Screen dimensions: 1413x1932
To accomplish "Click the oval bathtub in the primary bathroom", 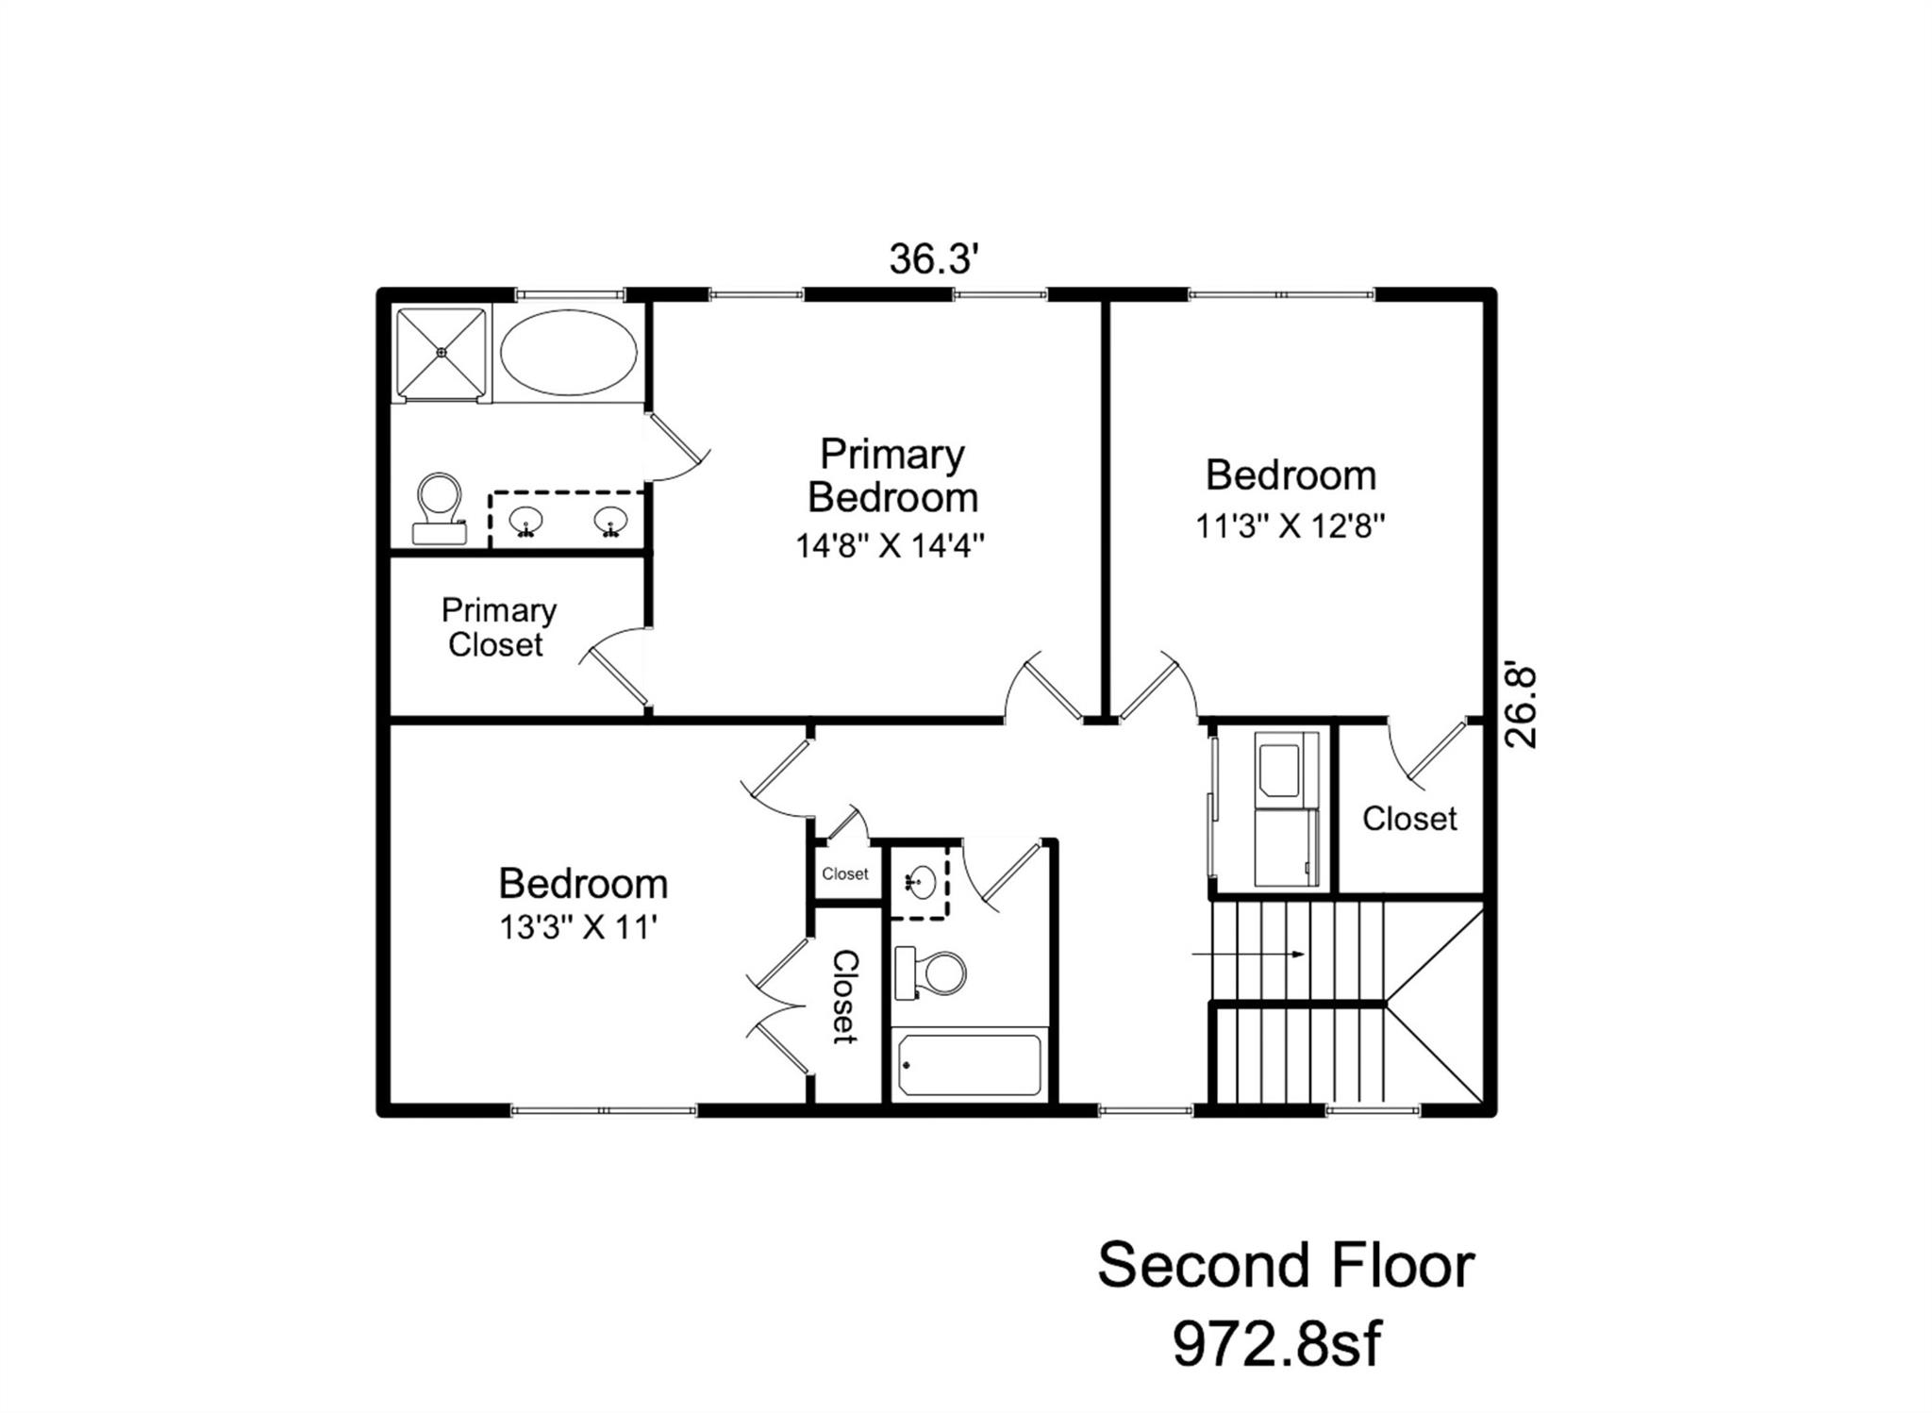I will point(568,353).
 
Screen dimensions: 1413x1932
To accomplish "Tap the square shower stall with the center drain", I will point(441,353).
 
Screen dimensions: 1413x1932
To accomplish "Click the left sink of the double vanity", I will point(526,521).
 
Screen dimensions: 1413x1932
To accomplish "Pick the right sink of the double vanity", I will point(611,521).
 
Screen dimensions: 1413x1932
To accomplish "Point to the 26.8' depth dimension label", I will point(1521,706).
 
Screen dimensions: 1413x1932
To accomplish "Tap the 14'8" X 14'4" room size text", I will point(890,545).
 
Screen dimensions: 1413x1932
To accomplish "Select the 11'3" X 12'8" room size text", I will point(1290,525).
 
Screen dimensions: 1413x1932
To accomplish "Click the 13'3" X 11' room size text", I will point(577,928).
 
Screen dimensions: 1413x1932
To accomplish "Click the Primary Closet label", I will point(498,627).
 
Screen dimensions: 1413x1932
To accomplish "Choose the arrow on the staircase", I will point(1248,954).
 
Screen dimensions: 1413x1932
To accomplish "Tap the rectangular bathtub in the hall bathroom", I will point(970,1065).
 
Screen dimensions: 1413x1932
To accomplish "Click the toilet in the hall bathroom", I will point(932,972).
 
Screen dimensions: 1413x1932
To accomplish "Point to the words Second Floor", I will point(1285,1265).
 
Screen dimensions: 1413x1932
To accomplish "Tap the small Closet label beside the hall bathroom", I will point(844,873).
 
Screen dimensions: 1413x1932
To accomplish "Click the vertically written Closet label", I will point(845,996).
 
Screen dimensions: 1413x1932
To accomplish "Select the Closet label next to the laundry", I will point(1409,818).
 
